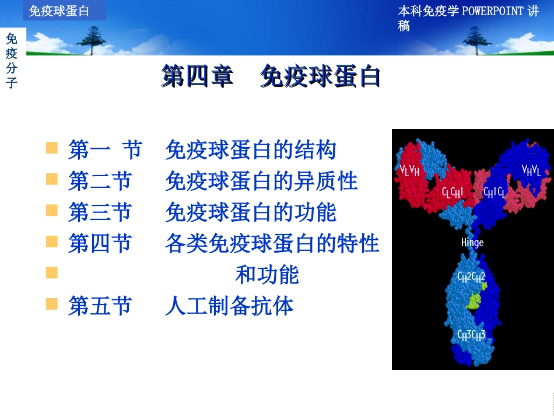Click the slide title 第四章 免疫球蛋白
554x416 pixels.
[271, 76]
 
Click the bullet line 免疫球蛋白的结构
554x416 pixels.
[251, 150]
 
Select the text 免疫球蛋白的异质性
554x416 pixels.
[261, 181]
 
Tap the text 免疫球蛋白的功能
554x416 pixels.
[251, 212]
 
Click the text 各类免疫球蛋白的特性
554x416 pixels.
[272, 243]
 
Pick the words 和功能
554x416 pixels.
[267, 275]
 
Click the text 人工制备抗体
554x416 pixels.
[229, 306]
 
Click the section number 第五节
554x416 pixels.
[100, 306]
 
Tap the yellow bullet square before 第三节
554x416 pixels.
[52, 210]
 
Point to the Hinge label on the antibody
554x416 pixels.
[472, 242]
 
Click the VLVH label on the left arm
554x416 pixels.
[409, 170]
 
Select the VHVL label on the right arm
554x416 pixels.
[531, 170]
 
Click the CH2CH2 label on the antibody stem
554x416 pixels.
[471, 277]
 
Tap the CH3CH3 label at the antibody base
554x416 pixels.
[471, 335]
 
